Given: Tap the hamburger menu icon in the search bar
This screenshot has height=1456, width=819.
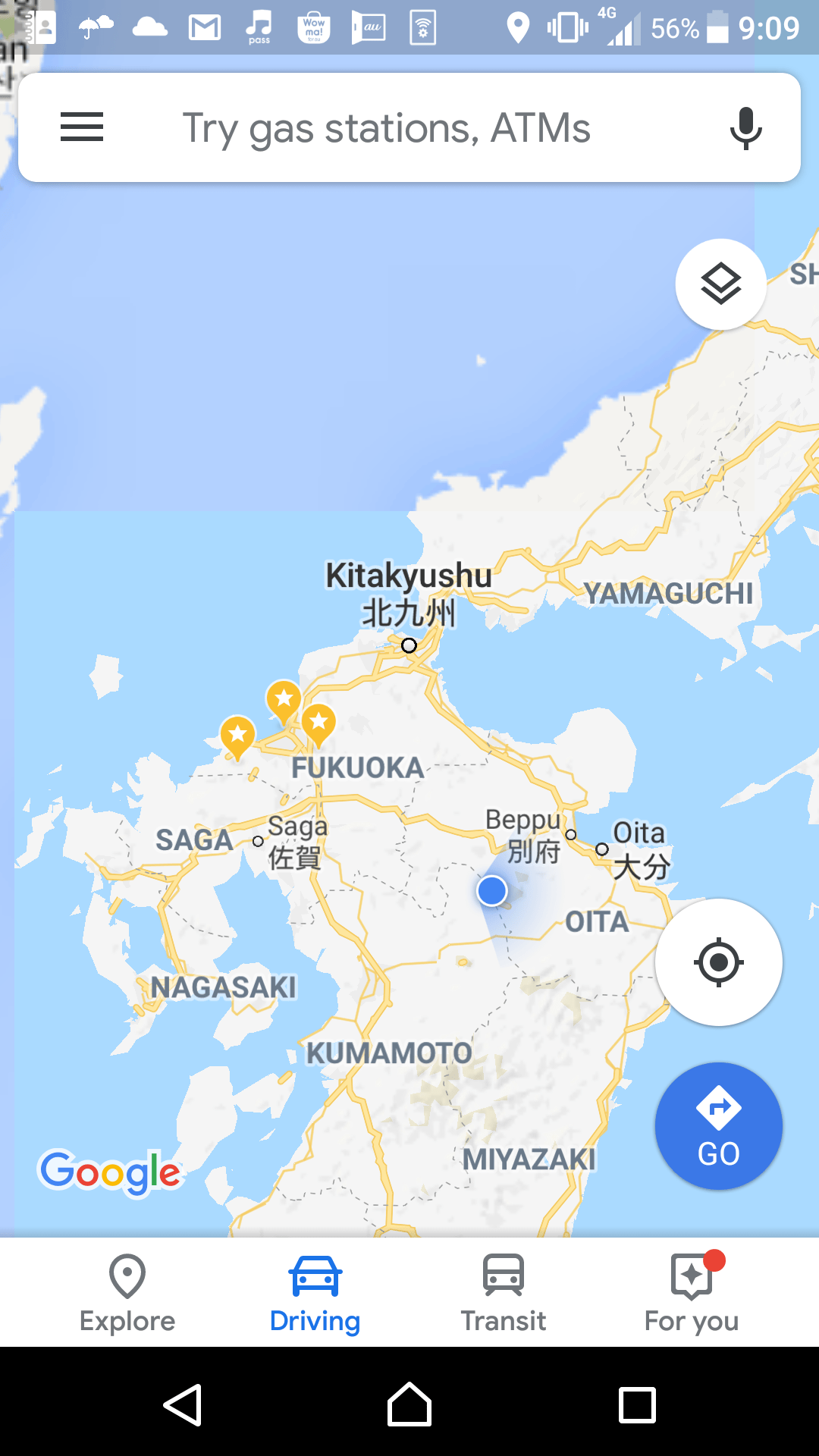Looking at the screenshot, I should tap(82, 127).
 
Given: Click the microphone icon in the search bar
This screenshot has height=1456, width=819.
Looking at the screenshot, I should tap(745, 127).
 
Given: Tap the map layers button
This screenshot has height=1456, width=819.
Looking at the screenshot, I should tap(720, 284).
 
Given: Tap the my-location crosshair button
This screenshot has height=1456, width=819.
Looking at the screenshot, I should tap(718, 962).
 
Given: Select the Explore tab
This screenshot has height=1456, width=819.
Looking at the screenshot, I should tap(127, 1294).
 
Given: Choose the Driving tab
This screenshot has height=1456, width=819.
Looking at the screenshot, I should tap(315, 1294).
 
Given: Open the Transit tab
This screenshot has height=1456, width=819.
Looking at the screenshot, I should tap(504, 1294).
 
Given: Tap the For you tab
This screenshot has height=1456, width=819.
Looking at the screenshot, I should tap(692, 1294).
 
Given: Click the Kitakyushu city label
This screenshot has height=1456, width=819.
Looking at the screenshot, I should tap(409, 576).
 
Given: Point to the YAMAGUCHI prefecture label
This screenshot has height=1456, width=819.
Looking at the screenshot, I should tap(668, 594).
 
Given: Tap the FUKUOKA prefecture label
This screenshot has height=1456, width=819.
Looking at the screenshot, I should tap(357, 767).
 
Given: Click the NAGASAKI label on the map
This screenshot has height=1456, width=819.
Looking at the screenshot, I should tap(223, 987).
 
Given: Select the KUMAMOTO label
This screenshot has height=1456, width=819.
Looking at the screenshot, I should tap(389, 1053).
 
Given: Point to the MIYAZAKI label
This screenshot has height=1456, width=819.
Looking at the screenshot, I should tap(529, 1159).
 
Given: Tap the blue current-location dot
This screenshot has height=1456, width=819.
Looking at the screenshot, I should tap(492, 890).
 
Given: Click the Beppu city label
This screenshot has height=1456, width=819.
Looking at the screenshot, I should tap(523, 820).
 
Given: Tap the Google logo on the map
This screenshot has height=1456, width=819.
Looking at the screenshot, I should tap(111, 1172).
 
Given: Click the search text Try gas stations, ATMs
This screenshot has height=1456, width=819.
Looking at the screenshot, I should tap(386, 127).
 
